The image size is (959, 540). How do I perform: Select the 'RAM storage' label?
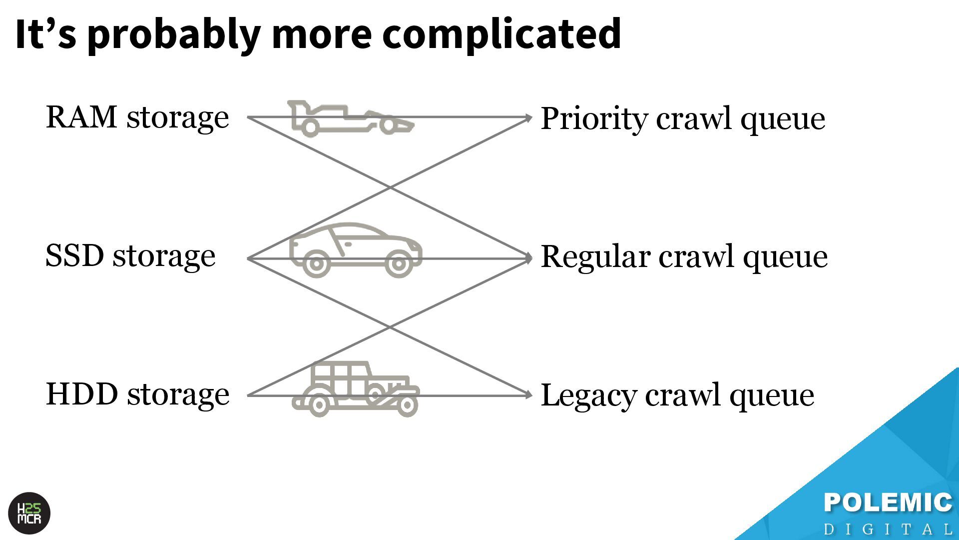137,117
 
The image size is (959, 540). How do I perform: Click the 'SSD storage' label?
130,256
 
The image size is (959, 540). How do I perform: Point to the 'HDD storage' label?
137,394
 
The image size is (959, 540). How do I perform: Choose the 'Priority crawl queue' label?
683,119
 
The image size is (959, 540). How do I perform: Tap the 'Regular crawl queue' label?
684,257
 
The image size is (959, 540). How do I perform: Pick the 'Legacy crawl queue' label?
677,395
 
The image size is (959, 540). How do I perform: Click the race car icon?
350,118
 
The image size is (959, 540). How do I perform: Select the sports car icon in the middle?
355,249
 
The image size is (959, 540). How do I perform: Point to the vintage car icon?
355,389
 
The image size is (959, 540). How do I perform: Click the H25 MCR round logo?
29,513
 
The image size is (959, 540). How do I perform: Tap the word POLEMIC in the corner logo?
888,503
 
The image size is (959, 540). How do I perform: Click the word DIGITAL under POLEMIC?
888,529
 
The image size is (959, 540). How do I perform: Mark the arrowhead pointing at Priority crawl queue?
528,118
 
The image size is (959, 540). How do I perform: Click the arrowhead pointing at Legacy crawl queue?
528,395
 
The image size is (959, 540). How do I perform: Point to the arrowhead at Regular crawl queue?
528,258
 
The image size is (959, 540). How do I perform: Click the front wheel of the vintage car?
407,405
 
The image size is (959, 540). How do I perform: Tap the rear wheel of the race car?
310,127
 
